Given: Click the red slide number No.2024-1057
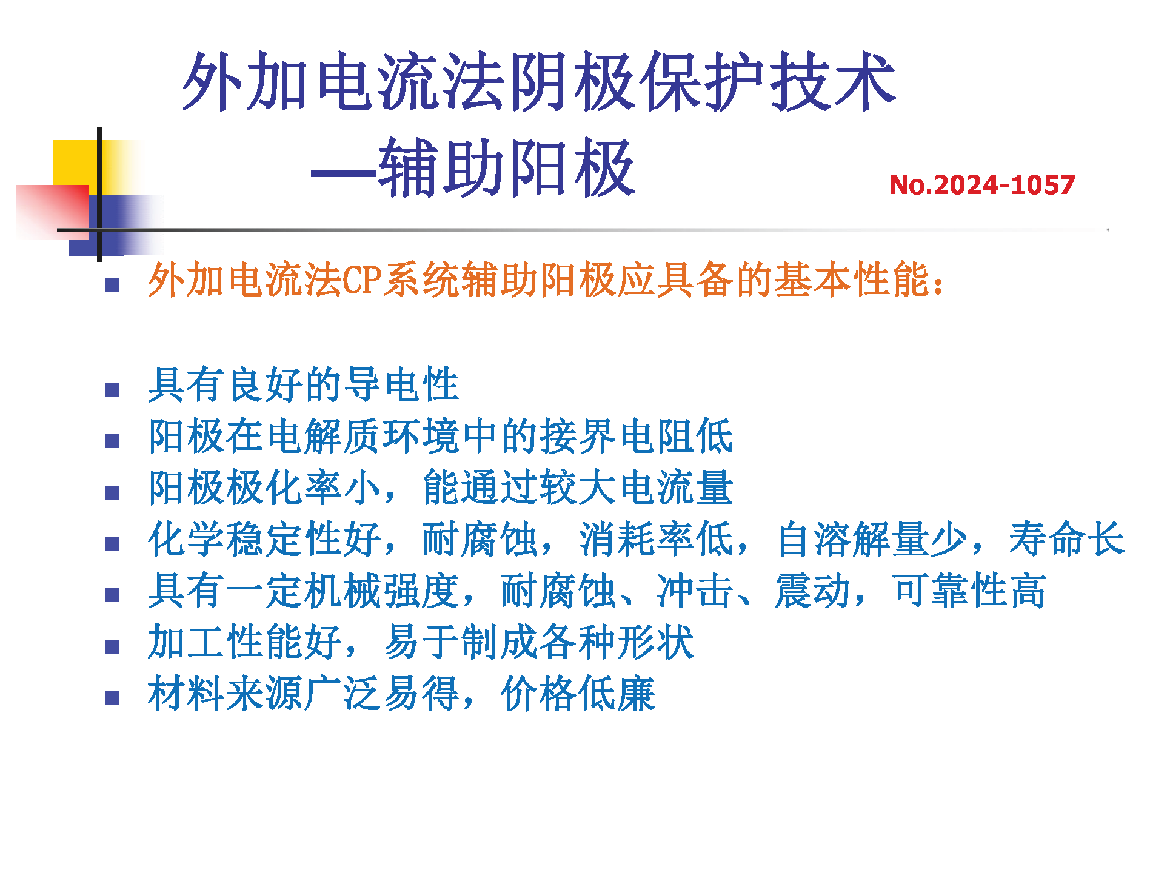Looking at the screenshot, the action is pos(981,185).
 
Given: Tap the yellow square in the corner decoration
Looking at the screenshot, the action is pos(76,163).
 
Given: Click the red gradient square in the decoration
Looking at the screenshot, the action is pos(52,212).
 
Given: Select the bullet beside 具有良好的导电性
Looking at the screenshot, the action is pos(112,389).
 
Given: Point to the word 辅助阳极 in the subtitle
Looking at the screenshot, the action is pos(506,168).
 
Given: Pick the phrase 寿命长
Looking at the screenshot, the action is pos(1067,538).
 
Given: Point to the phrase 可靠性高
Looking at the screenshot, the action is pos(969,591).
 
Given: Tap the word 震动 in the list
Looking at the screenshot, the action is pos(813,591).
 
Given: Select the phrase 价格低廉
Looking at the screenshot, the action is pos(578,694).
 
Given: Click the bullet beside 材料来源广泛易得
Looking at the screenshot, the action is pos(112,699).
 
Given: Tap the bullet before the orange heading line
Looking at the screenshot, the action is pos(112,285).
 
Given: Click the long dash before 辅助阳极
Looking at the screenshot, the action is pos(344,174).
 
